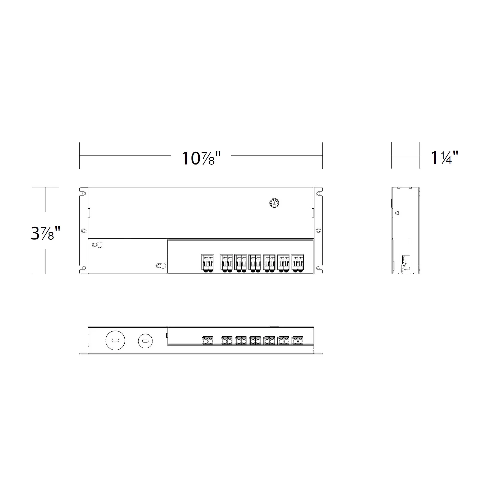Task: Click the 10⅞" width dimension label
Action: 201,158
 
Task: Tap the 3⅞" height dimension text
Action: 45,233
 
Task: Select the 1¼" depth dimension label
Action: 444,158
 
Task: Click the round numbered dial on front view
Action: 274,203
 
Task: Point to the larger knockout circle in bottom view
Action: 115,340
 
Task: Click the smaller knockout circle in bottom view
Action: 145,341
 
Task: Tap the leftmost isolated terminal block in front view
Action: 207,263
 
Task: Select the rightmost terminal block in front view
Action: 297,263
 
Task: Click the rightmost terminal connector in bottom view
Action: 298,340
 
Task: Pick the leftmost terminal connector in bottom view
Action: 207,340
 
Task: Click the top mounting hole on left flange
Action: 84,194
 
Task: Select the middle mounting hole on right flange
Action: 318,231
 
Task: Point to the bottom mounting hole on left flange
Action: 84,268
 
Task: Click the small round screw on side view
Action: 397,213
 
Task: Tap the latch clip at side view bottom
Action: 403,265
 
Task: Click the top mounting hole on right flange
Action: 318,194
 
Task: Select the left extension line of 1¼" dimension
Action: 392,155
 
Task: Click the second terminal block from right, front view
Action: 283,263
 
